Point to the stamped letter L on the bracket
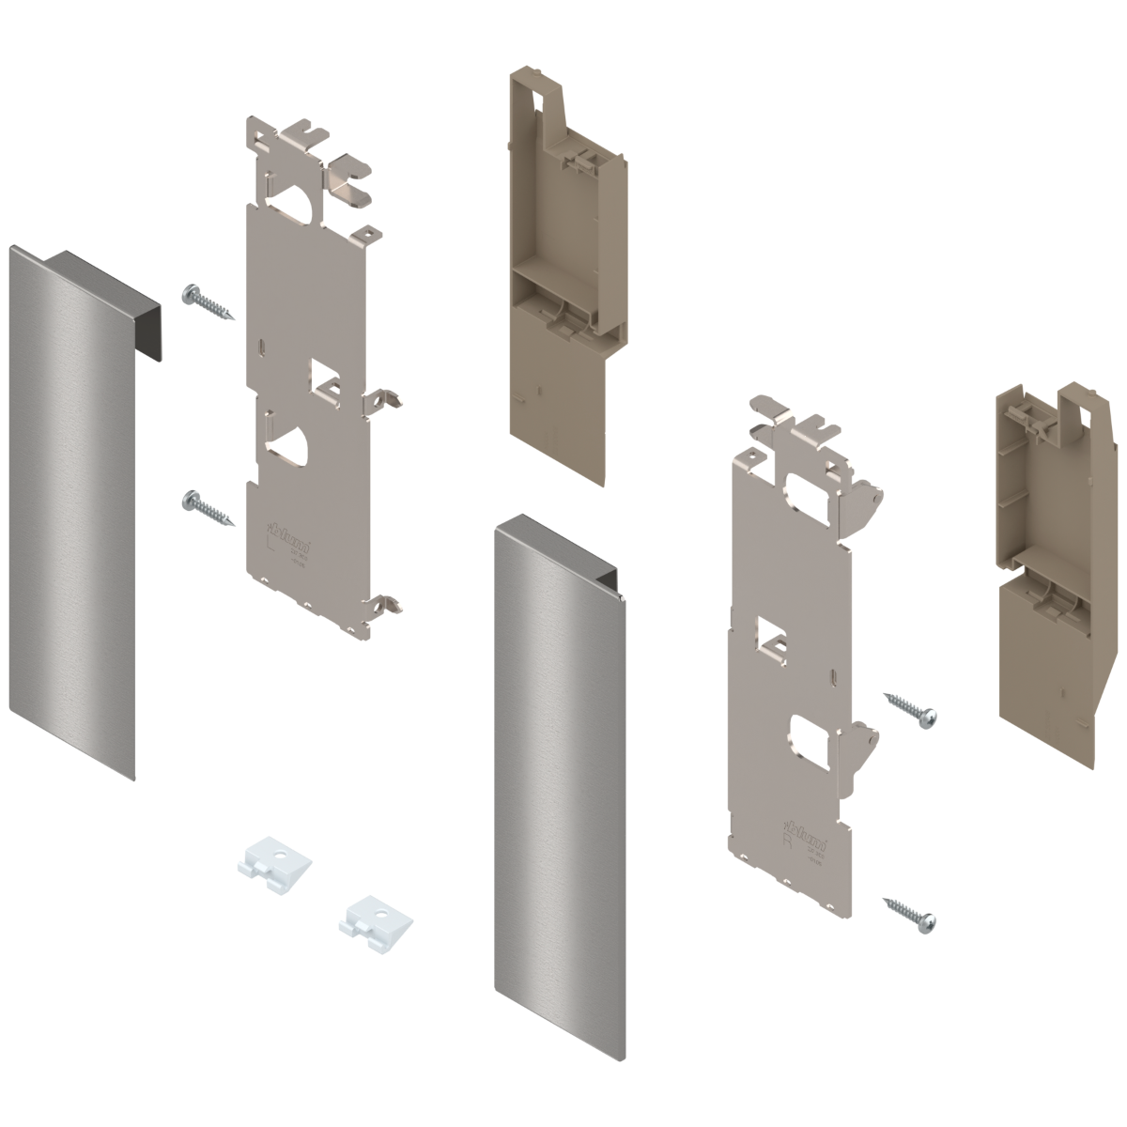[x=272, y=542]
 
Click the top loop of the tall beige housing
[x=536, y=94]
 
